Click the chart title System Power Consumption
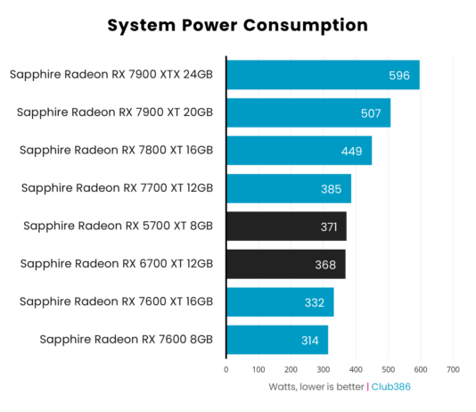click(237, 25)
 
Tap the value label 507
click(371, 113)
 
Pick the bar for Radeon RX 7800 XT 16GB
click(299, 151)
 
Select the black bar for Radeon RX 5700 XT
click(285, 227)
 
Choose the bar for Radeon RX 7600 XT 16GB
click(279, 302)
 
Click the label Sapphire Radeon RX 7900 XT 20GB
click(115, 112)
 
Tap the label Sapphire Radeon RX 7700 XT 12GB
click(117, 188)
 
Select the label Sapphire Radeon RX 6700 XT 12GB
click(117, 264)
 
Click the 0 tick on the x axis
click(226, 368)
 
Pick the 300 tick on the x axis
click(324, 368)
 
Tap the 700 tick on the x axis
click(453, 368)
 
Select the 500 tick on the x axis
click(388, 368)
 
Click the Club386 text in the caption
click(391, 387)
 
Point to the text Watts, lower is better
click(316, 387)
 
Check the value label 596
click(399, 76)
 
